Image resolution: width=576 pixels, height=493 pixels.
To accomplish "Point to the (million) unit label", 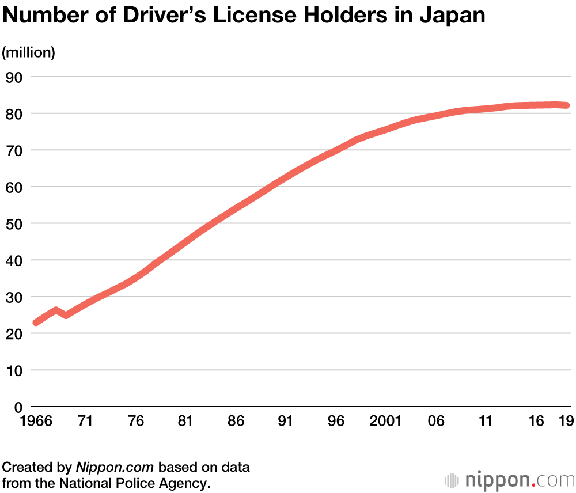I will [x=29, y=52].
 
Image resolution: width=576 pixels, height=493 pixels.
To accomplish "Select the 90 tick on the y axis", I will [x=13, y=77].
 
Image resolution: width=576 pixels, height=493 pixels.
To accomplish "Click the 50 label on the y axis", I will [x=13, y=223].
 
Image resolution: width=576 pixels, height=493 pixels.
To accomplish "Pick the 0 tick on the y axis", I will [x=17, y=407].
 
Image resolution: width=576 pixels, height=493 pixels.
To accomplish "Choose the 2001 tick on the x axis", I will [x=385, y=422].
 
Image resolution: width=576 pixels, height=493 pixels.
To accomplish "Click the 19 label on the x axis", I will [x=566, y=422].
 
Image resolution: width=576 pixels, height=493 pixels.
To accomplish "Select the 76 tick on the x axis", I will [x=135, y=422].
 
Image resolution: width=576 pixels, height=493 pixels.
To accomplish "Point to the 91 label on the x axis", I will [x=286, y=422].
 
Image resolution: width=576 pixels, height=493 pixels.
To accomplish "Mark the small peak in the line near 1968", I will [x=55, y=310].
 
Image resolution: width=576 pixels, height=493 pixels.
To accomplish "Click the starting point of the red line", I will [x=36, y=323].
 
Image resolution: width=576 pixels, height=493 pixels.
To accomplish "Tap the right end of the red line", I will [x=567, y=105].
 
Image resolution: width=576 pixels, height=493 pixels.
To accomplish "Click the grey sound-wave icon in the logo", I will [x=454, y=480].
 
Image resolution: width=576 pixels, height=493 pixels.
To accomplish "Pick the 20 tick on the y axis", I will [x=13, y=333].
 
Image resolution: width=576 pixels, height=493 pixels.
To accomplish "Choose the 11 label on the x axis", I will [x=486, y=422].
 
